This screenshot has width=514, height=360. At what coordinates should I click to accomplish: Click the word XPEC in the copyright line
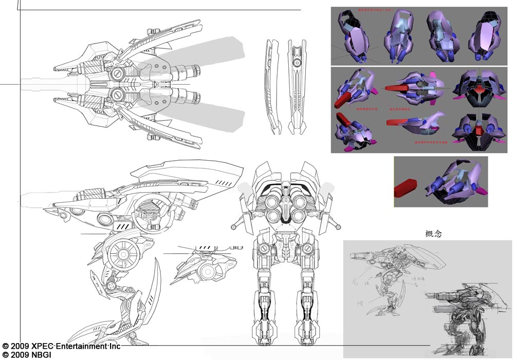pyautogui.click(x=42, y=346)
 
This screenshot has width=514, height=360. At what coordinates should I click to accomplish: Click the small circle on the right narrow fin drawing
pyautogui.click(x=297, y=63)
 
